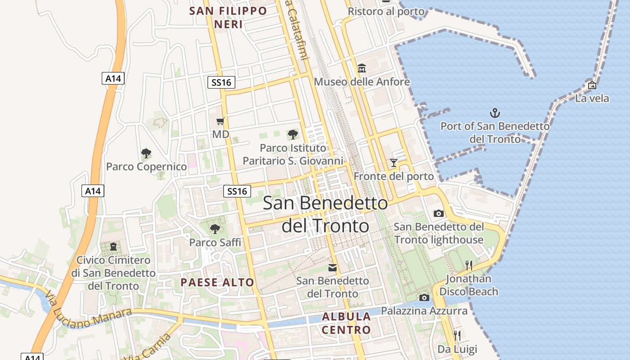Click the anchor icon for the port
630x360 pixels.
pyautogui.click(x=495, y=112)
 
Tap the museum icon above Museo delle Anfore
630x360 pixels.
pyautogui.click(x=362, y=68)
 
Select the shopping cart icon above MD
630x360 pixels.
pyautogui.click(x=220, y=121)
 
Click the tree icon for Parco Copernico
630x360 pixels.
pyautogui.click(x=146, y=153)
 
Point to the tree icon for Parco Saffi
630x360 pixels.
pyautogui.click(x=215, y=229)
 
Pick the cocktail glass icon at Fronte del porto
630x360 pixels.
pyautogui.click(x=394, y=163)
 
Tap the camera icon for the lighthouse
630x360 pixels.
pyautogui.click(x=439, y=213)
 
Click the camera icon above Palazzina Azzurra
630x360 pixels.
pyautogui.click(x=424, y=297)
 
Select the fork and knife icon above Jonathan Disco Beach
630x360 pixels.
pyautogui.click(x=468, y=265)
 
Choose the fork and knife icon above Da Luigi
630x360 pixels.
pyautogui.click(x=457, y=335)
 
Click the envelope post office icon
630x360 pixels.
pyautogui.click(x=333, y=268)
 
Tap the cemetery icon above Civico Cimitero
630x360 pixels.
pyautogui.click(x=113, y=247)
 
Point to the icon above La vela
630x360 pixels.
pyautogui.click(x=592, y=85)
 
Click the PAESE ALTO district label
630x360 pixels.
pyautogui.click(x=217, y=283)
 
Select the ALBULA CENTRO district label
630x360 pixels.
pyautogui.click(x=346, y=323)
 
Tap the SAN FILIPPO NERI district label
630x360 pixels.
pyautogui.click(x=228, y=18)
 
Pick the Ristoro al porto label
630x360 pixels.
pyautogui.click(x=386, y=12)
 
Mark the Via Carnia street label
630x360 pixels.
pyautogui.click(x=148, y=349)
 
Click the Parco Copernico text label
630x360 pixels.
pyautogui.click(x=146, y=167)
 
